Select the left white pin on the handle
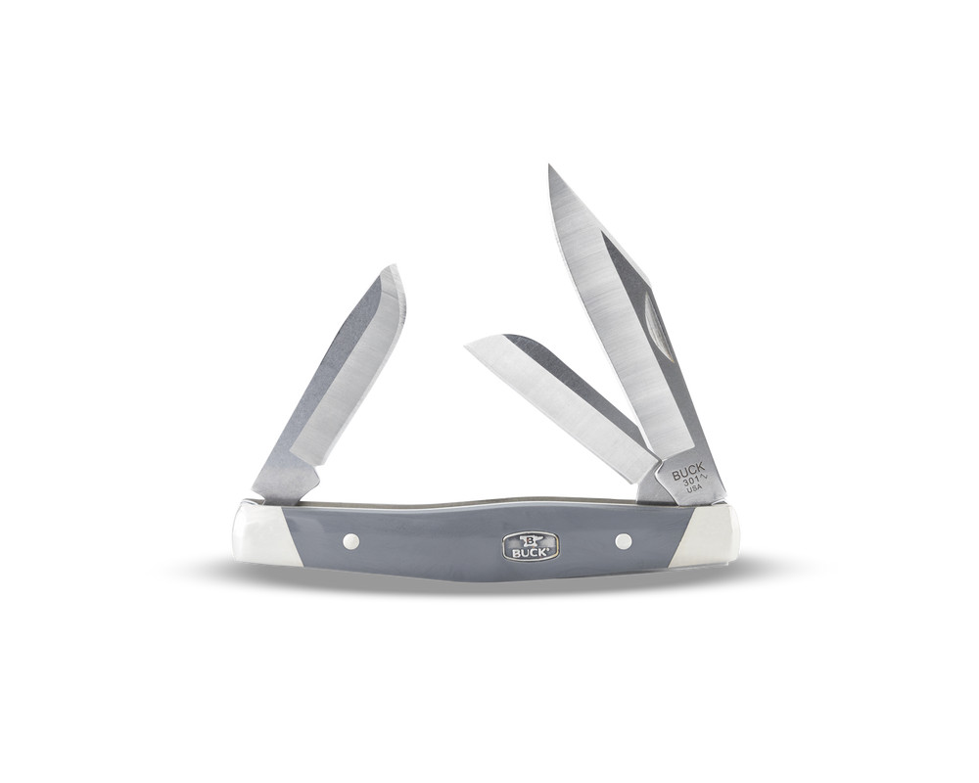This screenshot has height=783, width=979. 351,540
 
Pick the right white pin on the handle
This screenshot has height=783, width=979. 623,540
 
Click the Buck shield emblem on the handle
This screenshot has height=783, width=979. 530,546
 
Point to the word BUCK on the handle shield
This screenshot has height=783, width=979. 530,552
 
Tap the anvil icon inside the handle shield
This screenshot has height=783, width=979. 531,539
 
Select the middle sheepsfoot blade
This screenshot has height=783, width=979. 558,396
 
